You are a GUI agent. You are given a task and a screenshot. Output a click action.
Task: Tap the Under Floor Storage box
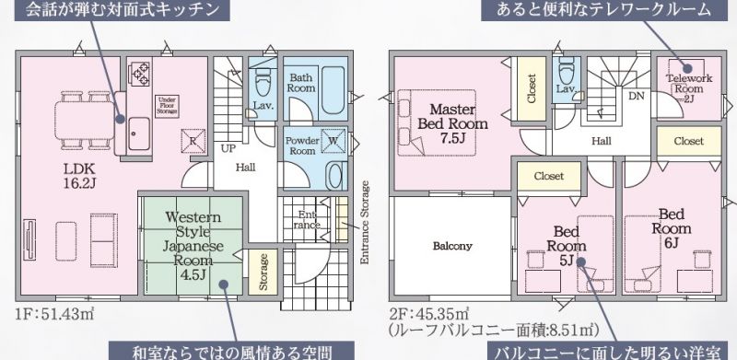[168, 107]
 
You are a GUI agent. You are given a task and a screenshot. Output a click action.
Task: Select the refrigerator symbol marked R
[193, 141]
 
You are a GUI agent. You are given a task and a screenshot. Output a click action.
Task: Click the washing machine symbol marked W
[333, 141]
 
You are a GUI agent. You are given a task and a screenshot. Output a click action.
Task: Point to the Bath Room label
[301, 82]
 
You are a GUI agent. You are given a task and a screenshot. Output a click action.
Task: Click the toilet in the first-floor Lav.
[263, 82]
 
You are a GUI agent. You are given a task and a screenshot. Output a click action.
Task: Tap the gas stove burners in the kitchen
[140, 74]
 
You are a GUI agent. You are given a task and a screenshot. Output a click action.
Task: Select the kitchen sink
[139, 134]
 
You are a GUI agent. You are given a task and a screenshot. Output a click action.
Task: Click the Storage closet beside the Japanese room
[263, 273]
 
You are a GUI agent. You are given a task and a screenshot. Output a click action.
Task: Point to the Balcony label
[452, 246]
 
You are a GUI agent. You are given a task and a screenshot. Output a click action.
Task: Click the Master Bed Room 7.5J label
[452, 123]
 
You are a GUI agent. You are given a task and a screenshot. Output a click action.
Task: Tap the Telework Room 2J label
[689, 88]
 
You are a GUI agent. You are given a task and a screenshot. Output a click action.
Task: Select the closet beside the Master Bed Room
[532, 88]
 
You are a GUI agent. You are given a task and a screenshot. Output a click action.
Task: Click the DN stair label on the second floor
[637, 96]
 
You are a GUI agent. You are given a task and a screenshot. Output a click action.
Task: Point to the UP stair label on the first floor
[228, 148]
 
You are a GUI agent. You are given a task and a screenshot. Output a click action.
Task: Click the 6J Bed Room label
[672, 228]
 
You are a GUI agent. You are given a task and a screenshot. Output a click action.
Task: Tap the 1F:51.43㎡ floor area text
[54, 313]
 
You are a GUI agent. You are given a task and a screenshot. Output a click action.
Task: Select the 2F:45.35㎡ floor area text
[428, 313]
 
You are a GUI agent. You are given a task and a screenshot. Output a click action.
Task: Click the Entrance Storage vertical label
[365, 222]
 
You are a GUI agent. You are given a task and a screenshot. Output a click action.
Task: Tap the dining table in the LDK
[86, 121]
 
